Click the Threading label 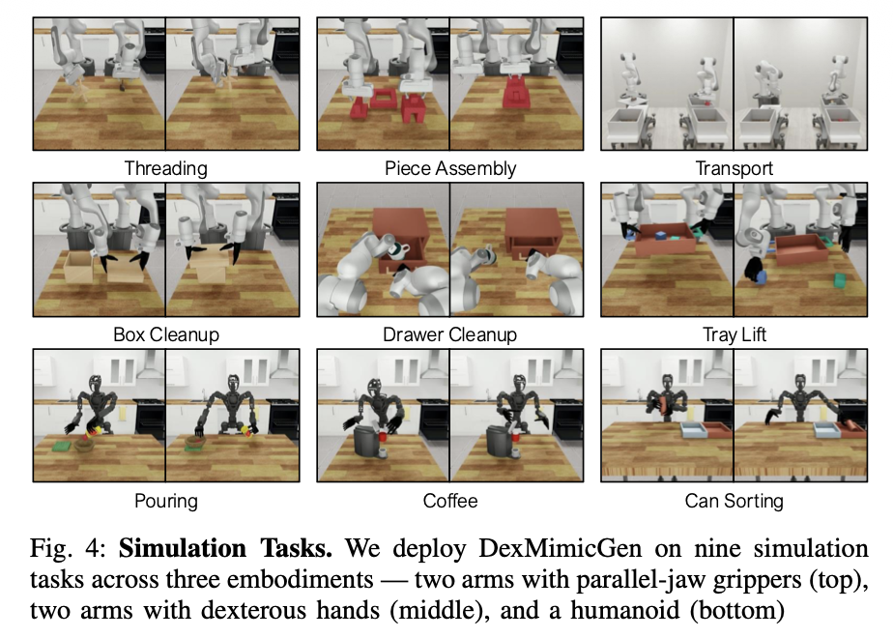[165, 168]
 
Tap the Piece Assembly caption [450, 168]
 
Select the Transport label [735, 168]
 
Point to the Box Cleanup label [165, 334]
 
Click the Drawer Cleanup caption [450, 334]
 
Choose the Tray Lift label [735, 334]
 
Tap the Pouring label [165, 502]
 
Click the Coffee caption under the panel [450, 502]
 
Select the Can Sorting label [735, 502]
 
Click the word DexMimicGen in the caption [560, 548]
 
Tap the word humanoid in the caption [624, 610]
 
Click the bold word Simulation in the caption [182, 548]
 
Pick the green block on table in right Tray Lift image [841, 281]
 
